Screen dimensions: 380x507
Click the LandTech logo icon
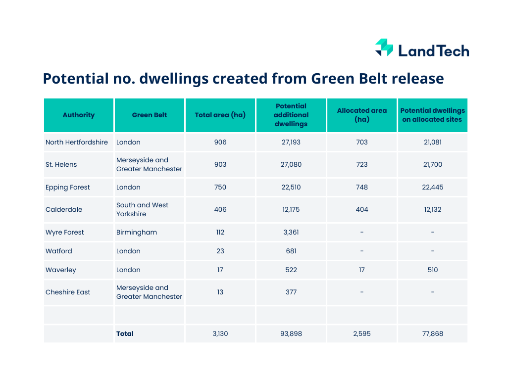pos(384,48)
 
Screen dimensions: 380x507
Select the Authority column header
pos(78,115)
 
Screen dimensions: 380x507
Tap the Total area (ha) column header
pos(220,115)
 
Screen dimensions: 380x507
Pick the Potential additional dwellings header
pos(291,115)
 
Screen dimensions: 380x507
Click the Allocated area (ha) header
pos(362,115)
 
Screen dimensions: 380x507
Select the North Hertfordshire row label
pos(77,142)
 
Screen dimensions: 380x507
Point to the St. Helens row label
pos(61,164)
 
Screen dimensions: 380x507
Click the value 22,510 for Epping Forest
pos(291,187)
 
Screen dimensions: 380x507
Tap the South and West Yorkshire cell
pos(143,209)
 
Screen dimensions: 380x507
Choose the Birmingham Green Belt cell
pos(137,232)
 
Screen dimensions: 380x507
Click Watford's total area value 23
pos(220,251)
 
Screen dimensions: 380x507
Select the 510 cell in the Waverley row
pos(433,270)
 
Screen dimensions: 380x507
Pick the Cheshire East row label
pos(68,292)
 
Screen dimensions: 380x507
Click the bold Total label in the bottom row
pos(125,333)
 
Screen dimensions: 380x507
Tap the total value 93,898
pos(291,333)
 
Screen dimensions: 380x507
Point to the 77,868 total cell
pos(433,333)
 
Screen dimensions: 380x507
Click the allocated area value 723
pos(362,164)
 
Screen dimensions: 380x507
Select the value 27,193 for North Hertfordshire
pos(291,142)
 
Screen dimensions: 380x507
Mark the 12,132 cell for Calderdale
pos(433,209)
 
